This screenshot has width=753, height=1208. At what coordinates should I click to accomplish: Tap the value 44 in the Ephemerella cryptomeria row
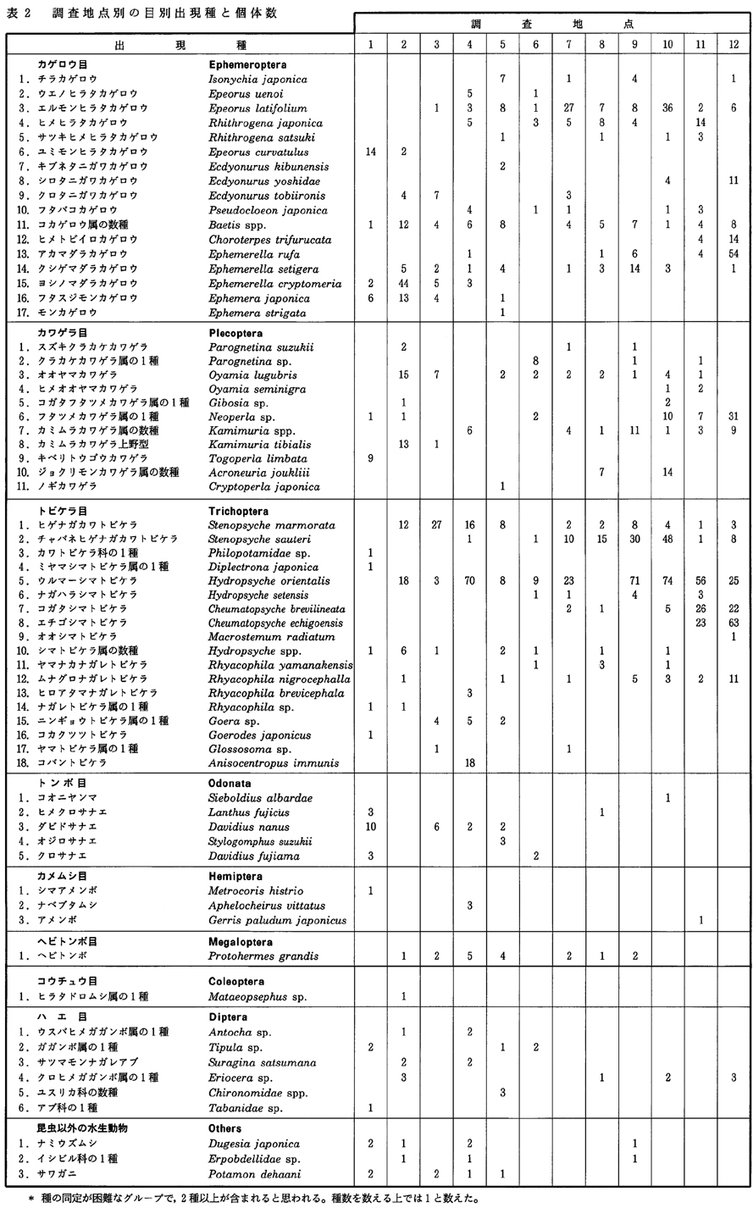tap(404, 283)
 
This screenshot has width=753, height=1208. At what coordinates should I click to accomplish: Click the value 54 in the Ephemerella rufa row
tap(734, 253)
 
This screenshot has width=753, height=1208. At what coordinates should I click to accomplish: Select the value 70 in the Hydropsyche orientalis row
tap(469, 581)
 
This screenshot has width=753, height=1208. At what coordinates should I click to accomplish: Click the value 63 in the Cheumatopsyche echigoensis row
tap(734, 623)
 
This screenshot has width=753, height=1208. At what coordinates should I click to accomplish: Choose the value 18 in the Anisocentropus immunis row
tap(469, 762)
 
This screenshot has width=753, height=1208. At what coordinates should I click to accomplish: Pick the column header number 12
tap(734, 43)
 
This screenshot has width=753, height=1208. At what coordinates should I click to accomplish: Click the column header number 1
tap(372, 43)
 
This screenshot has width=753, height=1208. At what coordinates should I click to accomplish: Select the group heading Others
tap(225, 1128)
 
